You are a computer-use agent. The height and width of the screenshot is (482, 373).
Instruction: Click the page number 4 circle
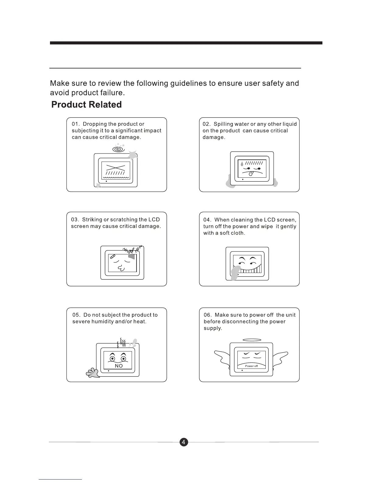click(184, 442)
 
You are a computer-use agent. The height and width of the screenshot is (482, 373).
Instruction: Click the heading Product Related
click(87, 105)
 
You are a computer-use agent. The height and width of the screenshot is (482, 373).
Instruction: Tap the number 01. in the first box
click(76, 124)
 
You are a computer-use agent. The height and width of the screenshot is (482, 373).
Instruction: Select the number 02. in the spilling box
click(207, 124)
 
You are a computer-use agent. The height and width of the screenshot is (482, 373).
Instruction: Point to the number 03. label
click(75, 220)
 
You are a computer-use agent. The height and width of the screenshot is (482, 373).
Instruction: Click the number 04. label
click(208, 220)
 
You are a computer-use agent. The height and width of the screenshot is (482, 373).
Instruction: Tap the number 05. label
click(76, 315)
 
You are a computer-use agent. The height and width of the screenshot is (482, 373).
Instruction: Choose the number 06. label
click(208, 315)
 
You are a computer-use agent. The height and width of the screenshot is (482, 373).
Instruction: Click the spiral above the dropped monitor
click(118, 149)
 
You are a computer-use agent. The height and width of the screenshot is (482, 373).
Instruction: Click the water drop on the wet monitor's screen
click(242, 164)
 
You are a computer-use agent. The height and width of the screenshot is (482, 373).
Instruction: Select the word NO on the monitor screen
click(119, 366)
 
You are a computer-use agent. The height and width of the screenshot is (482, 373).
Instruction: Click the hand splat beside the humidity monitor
click(93, 373)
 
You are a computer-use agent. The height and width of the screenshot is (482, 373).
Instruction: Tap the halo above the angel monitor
click(251, 340)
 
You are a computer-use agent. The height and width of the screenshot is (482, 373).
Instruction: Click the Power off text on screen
click(251, 366)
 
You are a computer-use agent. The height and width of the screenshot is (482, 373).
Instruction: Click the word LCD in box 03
click(154, 220)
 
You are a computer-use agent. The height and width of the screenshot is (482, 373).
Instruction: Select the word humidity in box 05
click(103, 322)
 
